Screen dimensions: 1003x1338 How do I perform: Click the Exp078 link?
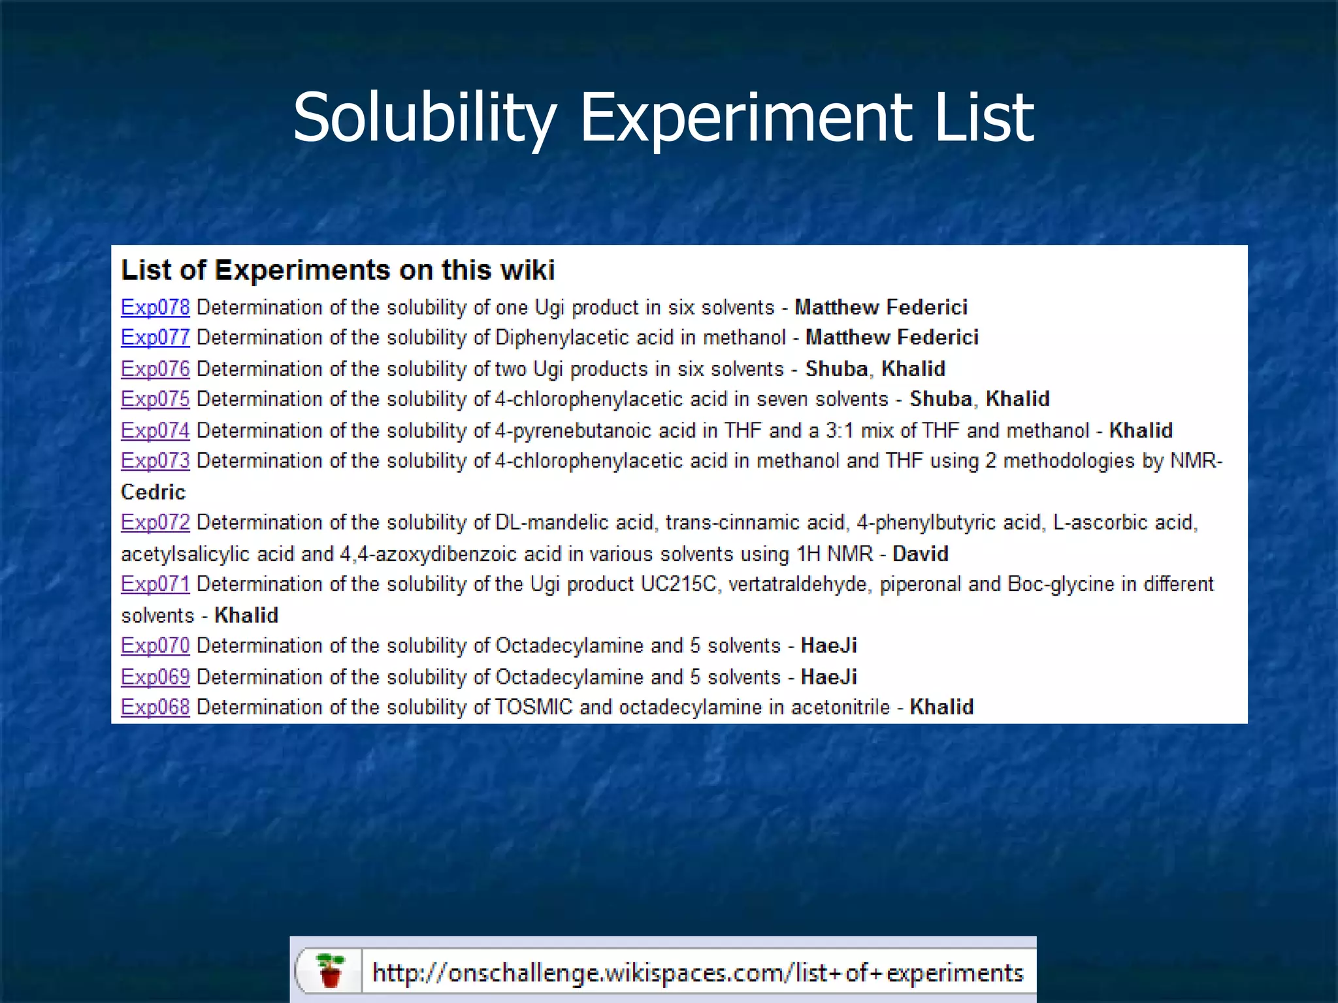[155, 307]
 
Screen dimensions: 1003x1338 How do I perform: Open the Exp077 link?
[155, 338]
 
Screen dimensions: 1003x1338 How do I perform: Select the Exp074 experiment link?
[155, 430]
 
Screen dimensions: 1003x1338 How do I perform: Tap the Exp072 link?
[155, 522]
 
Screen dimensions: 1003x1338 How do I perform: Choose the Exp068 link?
[155, 707]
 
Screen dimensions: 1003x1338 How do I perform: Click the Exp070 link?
[155, 646]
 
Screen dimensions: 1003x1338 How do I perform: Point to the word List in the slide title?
[984, 118]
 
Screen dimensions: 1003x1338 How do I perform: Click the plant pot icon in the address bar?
[331, 970]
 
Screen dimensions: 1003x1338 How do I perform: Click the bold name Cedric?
[153, 492]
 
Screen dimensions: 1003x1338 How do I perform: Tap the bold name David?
[920, 554]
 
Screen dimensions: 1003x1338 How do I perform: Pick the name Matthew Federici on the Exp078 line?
[881, 307]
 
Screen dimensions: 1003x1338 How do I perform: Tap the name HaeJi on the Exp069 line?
[828, 677]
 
